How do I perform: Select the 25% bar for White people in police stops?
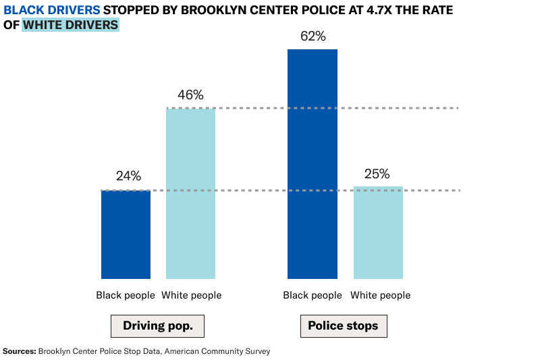click(378, 232)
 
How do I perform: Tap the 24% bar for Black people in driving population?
click(126, 234)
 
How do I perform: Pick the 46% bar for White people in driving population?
click(190, 193)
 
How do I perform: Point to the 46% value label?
click(190, 95)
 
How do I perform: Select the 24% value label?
click(128, 176)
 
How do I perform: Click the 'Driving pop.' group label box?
click(157, 326)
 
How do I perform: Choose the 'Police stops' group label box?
click(343, 326)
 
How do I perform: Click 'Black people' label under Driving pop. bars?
click(126, 295)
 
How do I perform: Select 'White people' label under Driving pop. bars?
click(192, 295)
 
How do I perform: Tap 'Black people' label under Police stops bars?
click(313, 295)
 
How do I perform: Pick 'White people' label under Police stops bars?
click(380, 295)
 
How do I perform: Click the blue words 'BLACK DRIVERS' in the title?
click(52, 10)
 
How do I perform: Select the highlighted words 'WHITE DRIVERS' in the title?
click(71, 25)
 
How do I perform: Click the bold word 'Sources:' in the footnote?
click(20, 351)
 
